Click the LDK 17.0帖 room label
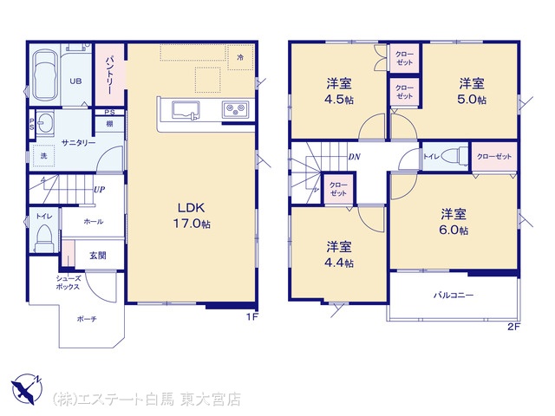click(192, 216)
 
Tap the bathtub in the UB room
click(44, 75)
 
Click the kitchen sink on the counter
click(186, 110)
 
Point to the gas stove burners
click(235, 109)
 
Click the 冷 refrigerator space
click(240, 57)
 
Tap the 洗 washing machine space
click(44, 156)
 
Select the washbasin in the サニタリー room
click(44, 123)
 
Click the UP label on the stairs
click(100, 190)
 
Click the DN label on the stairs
click(355, 157)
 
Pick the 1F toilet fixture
click(44, 237)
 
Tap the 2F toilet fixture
click(454, 156)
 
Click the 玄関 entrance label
click(98, 256)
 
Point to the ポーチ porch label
click(87, 319)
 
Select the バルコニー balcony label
click(454, 295)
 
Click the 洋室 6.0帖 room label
click(454, 222)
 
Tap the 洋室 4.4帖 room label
click(339, 255)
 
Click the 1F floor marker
click(252, 316)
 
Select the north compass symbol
click(26, 388)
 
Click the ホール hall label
click(94, 222)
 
